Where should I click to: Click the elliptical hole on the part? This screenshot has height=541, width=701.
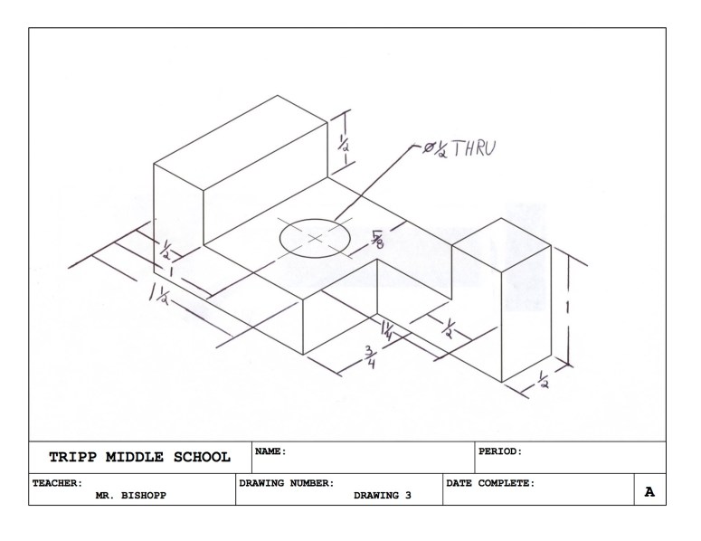(315, 238)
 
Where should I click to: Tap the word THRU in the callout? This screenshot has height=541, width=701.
(474, 148)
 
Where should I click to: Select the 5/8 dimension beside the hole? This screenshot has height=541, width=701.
(377, 237)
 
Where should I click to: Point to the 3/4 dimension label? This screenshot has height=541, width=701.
(370, 356)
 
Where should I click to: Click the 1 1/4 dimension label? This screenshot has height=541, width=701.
(387, 330)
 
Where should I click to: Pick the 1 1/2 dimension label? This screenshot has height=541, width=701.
(158, 296)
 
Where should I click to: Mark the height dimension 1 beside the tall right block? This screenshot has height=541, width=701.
(567, 308)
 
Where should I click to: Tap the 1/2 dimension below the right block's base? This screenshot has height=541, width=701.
(543, 379)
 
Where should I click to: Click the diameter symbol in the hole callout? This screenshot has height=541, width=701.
(430, 147)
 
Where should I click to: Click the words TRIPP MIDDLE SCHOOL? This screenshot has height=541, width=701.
(140, 457)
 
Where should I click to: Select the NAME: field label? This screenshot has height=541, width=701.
(270, 451)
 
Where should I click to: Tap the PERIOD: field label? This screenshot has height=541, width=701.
(500, 451)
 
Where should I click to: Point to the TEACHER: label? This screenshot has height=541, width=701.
(58, 483)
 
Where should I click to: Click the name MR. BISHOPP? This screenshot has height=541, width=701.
(130, 496)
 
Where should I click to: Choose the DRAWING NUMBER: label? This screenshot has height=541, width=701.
(287, 483)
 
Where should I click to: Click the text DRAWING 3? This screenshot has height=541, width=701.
(383, 496)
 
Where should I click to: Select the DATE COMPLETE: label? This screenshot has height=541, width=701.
(490, 483)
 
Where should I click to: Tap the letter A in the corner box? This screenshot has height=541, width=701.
(649, 492)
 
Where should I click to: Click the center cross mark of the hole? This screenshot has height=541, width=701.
(315, 238)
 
